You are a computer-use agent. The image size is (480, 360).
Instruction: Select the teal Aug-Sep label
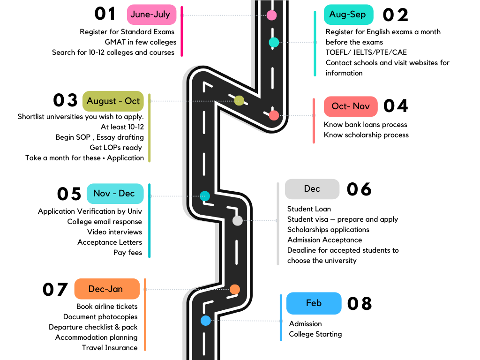[x=348, y=15]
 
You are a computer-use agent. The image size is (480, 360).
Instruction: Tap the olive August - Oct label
[x=113, y=101]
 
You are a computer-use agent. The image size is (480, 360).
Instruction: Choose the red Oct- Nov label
[x=351, y=106]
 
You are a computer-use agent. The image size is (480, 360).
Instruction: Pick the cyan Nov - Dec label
[x=115, y=194]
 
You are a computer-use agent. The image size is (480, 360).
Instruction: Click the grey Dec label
[x=312, y=189]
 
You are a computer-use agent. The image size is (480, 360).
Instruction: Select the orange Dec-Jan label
[x=107, y=289]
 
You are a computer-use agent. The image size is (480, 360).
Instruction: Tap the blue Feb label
[x=314, y=303]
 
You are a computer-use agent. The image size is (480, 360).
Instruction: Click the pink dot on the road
[x=271, y=15]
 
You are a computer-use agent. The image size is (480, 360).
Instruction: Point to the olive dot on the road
[x=239, y=100]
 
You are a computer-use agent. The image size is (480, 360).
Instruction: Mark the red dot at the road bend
[x=274, y=115]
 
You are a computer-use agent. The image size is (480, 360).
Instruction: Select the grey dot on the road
[x=238, y=220]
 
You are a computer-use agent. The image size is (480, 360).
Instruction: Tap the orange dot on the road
[x=235, y=289]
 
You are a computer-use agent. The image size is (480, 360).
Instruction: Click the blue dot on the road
[x=205, y=321]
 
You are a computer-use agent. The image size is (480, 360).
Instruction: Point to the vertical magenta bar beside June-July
[x=182, y=31]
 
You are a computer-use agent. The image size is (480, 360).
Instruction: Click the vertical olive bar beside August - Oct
[x=150, y=128]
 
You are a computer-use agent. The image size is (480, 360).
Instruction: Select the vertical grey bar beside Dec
[x=278, y=224]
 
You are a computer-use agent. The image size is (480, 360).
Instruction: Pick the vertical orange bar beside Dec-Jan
[x=145, y=314]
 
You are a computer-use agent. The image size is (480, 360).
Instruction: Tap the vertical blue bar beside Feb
[x=281, y=317]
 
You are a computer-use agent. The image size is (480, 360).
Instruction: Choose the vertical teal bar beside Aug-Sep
[x=315, y=43]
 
